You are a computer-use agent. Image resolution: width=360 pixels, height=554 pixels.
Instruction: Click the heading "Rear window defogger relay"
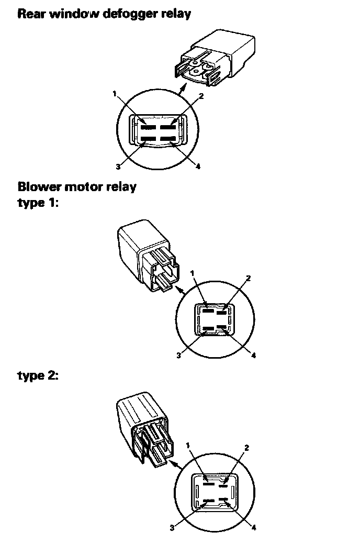(x=104, y=14)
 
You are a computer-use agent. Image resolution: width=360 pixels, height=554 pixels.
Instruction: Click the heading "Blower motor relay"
(x=76, y=186)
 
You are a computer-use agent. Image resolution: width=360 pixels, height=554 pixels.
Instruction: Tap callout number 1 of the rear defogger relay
(x=114, y=94)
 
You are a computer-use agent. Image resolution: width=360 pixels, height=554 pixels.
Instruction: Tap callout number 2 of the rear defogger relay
(x=201, y=96)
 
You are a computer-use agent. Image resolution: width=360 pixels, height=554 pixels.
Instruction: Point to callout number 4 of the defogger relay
(x=198, y=167)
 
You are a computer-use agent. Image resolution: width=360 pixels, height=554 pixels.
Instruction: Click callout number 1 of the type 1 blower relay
(x=193, y=273)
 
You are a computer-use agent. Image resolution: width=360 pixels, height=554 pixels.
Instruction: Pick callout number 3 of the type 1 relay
(x=179, y=355)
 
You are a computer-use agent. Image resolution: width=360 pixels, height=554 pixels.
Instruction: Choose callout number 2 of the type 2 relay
(x=246, y=448)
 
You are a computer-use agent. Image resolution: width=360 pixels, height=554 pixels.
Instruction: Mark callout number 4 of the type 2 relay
(x=253, y=527)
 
